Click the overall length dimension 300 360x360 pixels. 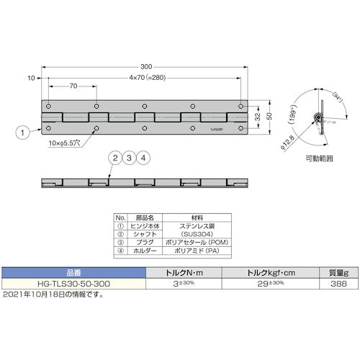click(x=146, y=66)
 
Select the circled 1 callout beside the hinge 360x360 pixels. click(x=22, y=132)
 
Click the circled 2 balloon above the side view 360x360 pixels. click(x=114, y=158)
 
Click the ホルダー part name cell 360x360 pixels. click(x=138, y=251)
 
